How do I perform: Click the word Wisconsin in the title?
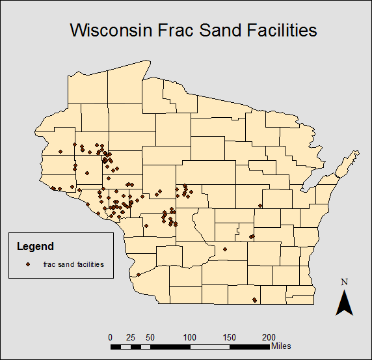[111, 30]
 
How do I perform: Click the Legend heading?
[35, 247]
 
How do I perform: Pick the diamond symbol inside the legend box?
[28, 264]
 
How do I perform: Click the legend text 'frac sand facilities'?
[73, 264]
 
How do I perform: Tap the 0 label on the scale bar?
[111, 337]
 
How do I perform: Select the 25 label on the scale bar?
[130, 337]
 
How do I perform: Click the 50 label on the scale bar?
[150, 337]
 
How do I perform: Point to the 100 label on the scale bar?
[190, 337]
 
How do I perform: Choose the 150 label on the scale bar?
[230, 337]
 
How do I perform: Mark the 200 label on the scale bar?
[269, 337]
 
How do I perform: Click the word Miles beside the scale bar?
[282, 345]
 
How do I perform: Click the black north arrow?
[345, 303]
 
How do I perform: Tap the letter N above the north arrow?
[345, 282]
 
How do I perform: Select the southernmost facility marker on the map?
[254, 300]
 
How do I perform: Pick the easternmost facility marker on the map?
[260, 206]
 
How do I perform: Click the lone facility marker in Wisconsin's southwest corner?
[138, 275]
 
